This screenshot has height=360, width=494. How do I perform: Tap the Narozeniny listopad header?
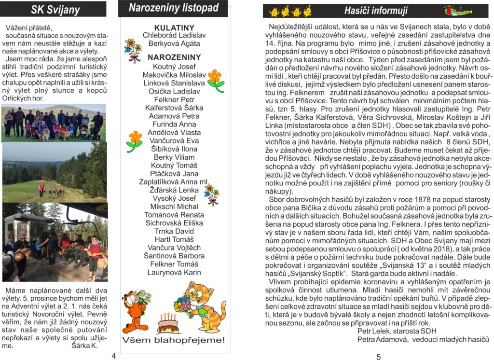click(173, 8)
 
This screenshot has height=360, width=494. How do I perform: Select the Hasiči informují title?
click(376, 10)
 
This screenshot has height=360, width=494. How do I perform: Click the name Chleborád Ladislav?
click(174, 35)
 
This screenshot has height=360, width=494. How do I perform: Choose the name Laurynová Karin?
click(174, 272)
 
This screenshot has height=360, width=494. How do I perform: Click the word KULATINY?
click(174, 28)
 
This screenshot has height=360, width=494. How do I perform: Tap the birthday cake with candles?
click(167, 322)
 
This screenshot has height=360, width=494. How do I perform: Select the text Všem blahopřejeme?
click(173, 340)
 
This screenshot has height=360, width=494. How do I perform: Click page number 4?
click(113, 356)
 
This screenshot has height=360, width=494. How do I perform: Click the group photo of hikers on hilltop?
click(53, 123)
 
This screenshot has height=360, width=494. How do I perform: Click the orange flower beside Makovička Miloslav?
click(215, 79)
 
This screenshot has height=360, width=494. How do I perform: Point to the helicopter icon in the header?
click(457, 10)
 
